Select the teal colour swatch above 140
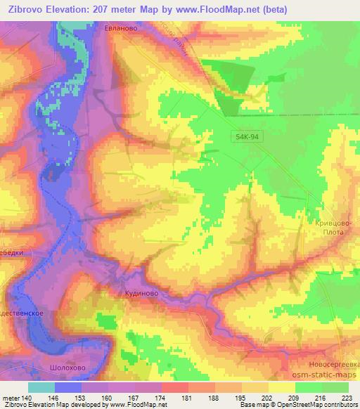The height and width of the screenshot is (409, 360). (x=41, y=387)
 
